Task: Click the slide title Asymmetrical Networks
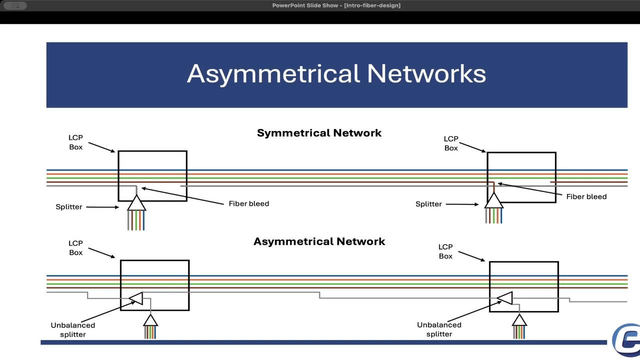click(336, 73)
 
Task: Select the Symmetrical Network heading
click(319, 133)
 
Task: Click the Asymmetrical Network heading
click(319, 241)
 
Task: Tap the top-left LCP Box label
click(75, 142)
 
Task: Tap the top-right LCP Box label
click(451, 143)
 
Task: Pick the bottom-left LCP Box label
click(75, 248)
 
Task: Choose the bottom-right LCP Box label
click(445, 251)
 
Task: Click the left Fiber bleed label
click(248, 203)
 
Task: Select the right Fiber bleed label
click(586, 196)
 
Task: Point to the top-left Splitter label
click(68, 206)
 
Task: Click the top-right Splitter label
click(428, 204)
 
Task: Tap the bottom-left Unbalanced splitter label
click(72, 329)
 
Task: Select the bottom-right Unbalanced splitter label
click(439, 329)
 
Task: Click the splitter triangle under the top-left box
click(136, 203)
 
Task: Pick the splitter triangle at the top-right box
click(494, 201)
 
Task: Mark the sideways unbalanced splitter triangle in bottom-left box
click(136, 298)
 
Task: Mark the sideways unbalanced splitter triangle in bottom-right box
click(505, 298)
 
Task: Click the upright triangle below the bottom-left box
click(150, 320)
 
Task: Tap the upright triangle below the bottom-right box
click(519, 320)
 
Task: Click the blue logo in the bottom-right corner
click(626, 337)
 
